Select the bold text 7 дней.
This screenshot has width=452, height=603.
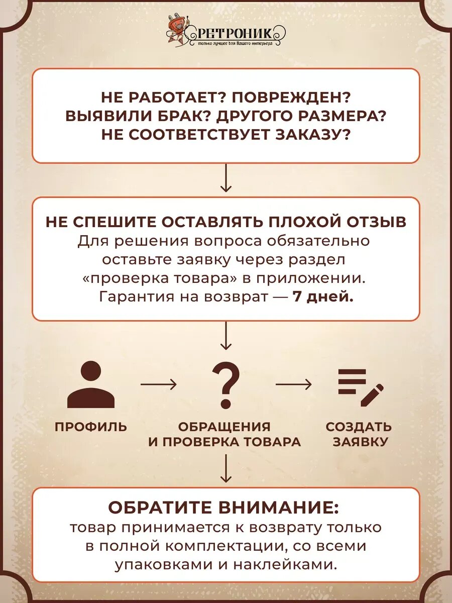323,296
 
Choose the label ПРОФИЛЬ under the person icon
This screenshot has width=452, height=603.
91,427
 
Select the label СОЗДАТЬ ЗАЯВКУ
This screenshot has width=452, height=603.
359,434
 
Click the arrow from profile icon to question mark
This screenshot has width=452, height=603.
158,385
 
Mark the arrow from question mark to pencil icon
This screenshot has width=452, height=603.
293,385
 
